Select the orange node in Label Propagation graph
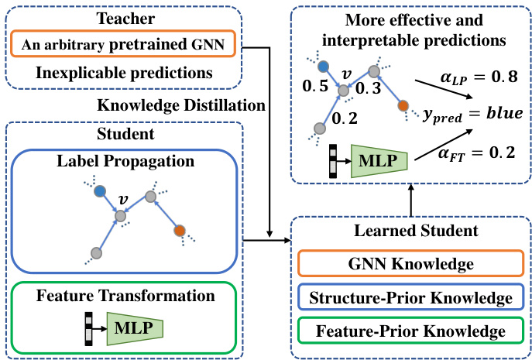click(x=179, y=230)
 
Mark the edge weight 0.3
click(x=369, y=90)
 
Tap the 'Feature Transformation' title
click(x=124, y=295)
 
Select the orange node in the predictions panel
click(x=402, y=105)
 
